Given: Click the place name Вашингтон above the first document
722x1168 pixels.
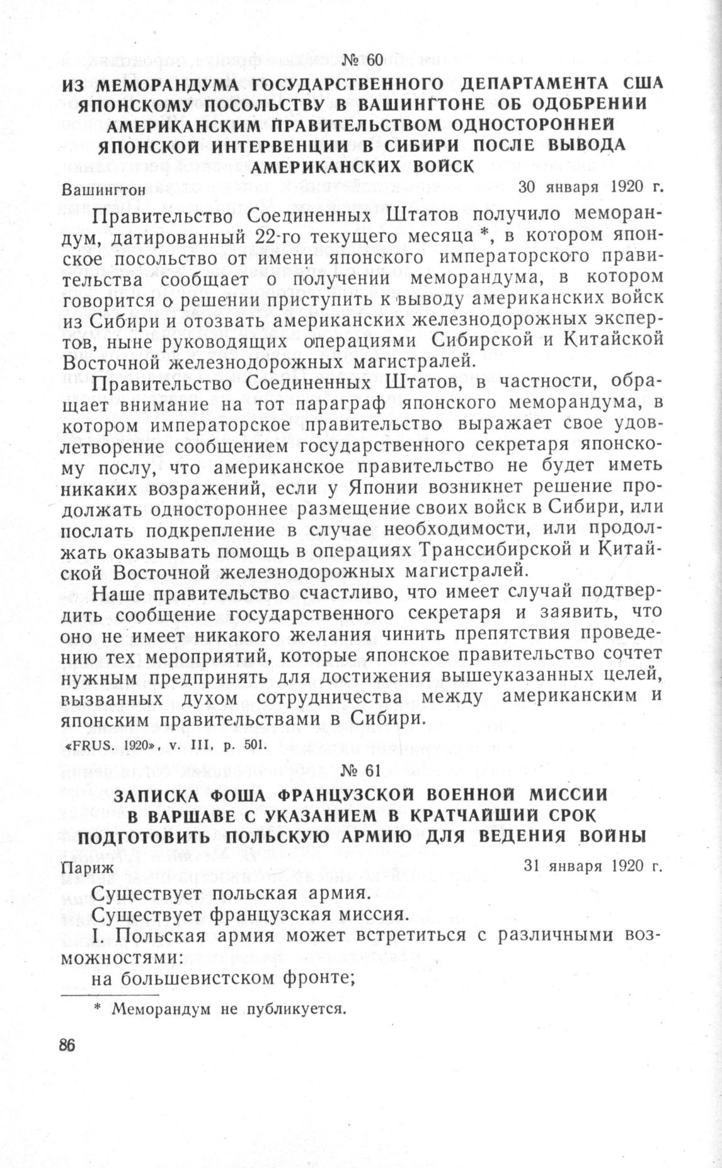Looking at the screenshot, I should (x=105, y=188).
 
